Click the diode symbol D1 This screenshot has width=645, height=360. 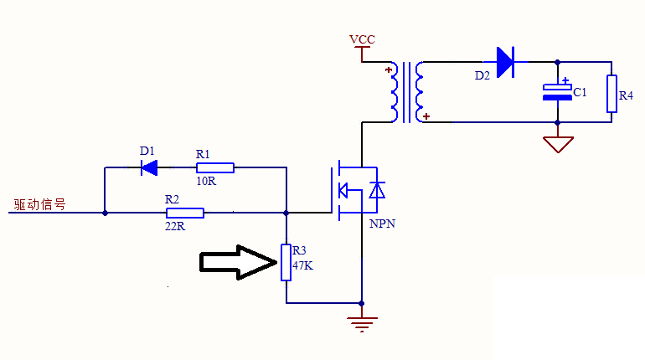pos(150,167)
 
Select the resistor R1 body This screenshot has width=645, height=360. pos(215,167)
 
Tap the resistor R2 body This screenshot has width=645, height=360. pos(186,213)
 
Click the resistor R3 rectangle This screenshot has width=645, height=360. pos(286,263)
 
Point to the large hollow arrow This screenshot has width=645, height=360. pos(237,262)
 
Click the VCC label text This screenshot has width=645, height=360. pos(362,39)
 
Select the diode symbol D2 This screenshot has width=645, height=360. pos(504,61)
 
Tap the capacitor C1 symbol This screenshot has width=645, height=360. pos(557,91)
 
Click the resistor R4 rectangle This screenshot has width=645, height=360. pos(612,92)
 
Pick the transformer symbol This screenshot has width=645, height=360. pos(407,90)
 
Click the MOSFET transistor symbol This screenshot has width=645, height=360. pos(356,190)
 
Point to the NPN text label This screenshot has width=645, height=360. pos(381,224)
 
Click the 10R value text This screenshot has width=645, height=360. pos(206,182)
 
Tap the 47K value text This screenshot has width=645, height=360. pos(302,265)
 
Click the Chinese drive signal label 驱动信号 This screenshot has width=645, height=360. pos(39,204)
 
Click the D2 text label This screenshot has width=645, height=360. pos(482,75)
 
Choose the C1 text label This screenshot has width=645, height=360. pos(580,92)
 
